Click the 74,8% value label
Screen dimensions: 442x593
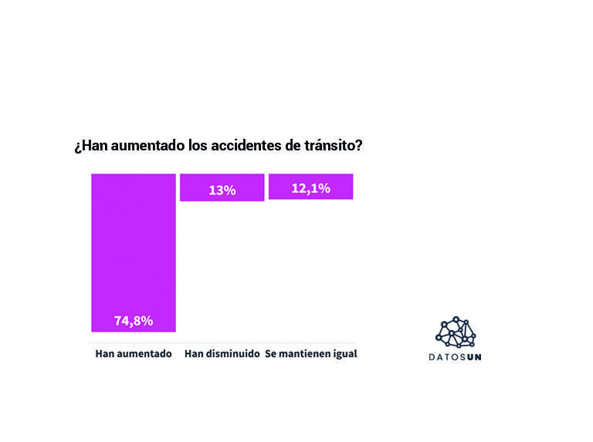[134, 321]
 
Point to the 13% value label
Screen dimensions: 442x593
[222, 190]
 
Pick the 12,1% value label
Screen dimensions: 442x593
[310, 188]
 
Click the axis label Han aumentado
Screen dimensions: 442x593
[133, 354]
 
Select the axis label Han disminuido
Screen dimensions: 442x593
[222, 354]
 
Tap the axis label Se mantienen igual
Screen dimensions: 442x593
[310, 354]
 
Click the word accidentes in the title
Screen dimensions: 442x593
[243, 146]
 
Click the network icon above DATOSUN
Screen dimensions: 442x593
[456, 332]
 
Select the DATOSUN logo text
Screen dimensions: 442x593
[456, 357]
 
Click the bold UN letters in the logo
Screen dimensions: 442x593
[473, 357]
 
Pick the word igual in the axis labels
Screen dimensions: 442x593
[344, 354]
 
